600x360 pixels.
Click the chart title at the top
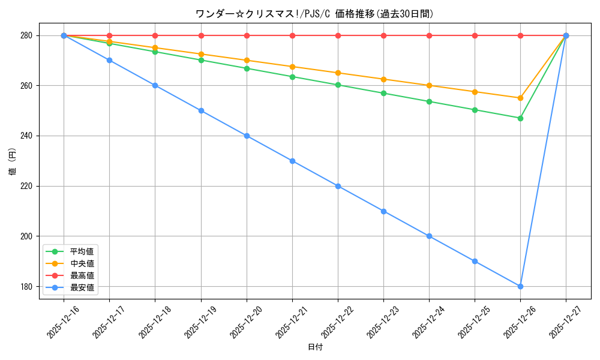point(314,14)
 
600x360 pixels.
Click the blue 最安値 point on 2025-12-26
point(520,286)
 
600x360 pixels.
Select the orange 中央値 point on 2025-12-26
point(520,98)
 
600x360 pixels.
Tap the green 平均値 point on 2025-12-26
point(520,118)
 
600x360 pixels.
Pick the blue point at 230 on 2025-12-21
point(292,161)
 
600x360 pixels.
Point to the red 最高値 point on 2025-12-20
point(247,35)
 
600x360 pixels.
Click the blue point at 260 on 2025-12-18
point(155,85)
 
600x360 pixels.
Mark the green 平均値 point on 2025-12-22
point(338,85)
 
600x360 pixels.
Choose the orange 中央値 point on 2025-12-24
point(429,85)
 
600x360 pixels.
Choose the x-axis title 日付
point(315,347)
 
